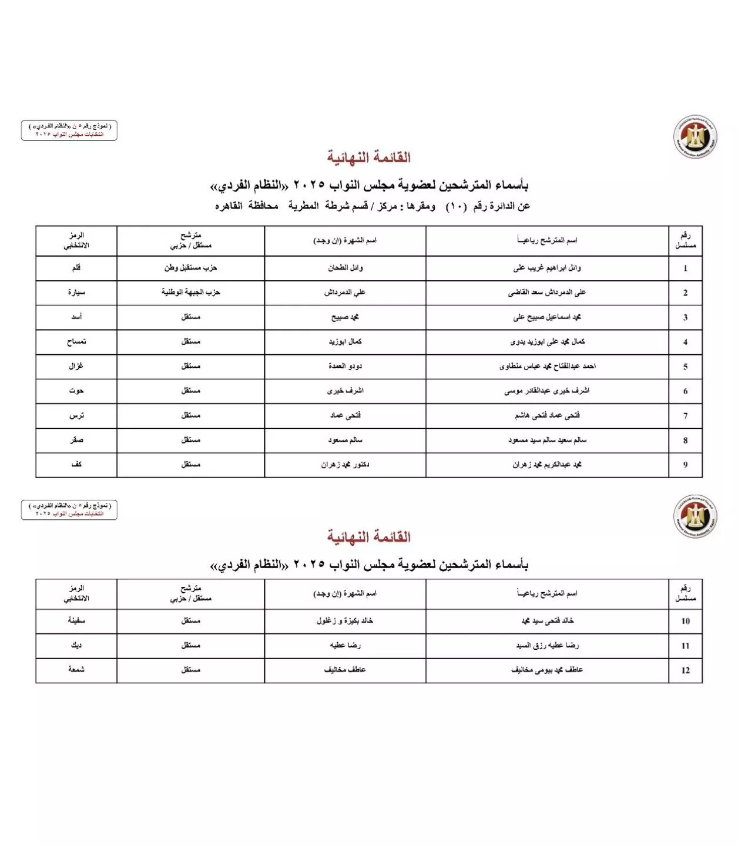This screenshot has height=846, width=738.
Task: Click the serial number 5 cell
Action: click(x=685, y=367)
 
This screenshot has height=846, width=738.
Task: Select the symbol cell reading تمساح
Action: click(x=76, y=341)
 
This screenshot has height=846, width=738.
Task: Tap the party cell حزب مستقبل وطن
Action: click(x=190, y=268)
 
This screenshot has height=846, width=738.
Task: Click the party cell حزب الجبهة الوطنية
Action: click(x=190, y=292)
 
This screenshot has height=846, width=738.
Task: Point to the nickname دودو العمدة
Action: click(x=345, y=366)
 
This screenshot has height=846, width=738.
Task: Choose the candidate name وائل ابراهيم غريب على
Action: click(x=547, y=268)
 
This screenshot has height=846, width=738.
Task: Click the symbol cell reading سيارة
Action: click(x=76, y=292)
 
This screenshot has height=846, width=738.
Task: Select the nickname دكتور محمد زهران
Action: click(x=345, y=465)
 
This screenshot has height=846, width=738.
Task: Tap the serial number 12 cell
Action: click(x=685, y=670)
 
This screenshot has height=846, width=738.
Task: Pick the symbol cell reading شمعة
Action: click(x=76, y=669)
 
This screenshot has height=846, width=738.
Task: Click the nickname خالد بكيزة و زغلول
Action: click(x=345, y=620)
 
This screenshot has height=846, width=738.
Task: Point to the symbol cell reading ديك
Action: click(x=76, y=645)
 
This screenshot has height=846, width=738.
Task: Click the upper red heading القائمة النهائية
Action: click(x=369, y=157)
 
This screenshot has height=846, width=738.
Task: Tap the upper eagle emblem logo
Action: click(x=695, y=137)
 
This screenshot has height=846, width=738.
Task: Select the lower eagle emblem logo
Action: click(x=695, y=516)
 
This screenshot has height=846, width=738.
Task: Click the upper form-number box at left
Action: click(x=69, y=130)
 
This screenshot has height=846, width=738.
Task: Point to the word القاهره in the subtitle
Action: click(x=229, y=206)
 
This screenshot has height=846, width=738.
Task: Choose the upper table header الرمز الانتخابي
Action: click(x=76, y=240)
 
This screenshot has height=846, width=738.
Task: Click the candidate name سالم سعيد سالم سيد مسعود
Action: click(x=547, y=440)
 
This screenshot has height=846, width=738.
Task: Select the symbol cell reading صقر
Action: click(x=76, y=440)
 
